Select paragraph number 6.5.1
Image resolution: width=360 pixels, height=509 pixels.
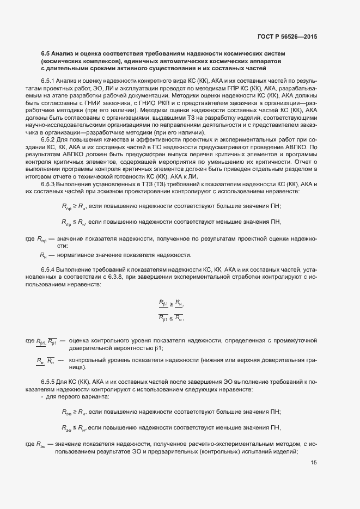coord(48,81)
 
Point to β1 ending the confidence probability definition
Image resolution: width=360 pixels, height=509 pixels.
coord(158,348)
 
